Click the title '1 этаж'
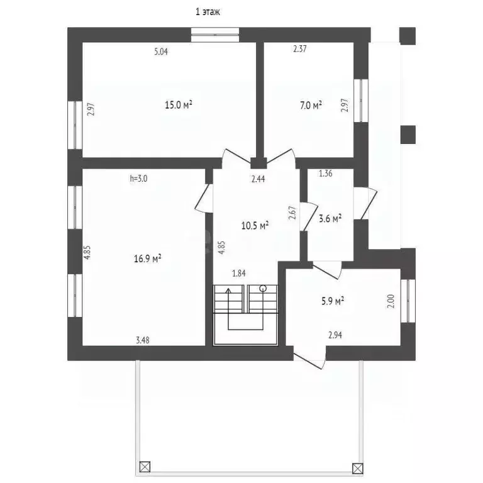(x=208, y=12)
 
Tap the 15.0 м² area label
(x=179, y=105)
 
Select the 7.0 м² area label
(x=311, y=106)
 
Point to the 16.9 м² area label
(x=148, y=258)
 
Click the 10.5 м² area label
(x=255, y=226)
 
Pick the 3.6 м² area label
(x=330, y=219)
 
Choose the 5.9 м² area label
(x=333, y=301)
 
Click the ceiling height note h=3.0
(x=138, y=179)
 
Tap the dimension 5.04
(x=161, y=52)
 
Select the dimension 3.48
(x=143, y=340)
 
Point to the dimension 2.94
(x=335, y=335)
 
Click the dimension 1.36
(x=326, y=174)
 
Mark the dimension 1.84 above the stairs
(x=239, y=273)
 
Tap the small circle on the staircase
(x=263, y=288)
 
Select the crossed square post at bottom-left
(x=145, y=467)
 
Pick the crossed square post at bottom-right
(x=358, y=468)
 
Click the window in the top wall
(x=215, y=35)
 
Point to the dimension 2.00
(x=391, y=302)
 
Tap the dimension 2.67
(x=292, y=213)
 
